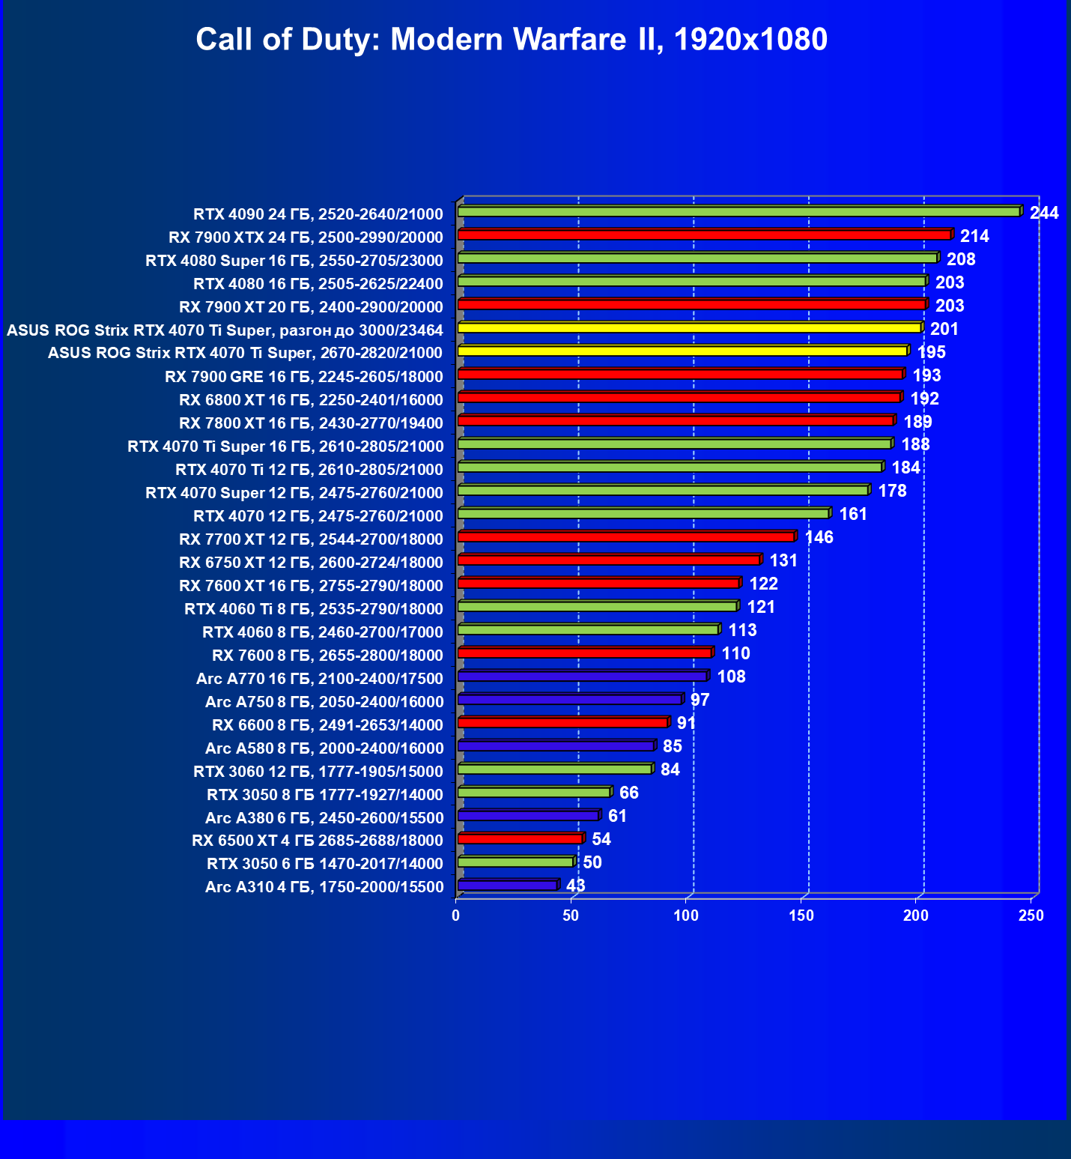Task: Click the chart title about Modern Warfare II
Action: click(512, 39)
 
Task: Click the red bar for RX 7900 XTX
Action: click(704, 235)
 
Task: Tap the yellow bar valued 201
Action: click(689, 328)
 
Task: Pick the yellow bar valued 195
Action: click(682, 351)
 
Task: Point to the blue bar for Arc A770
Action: click(582, 677)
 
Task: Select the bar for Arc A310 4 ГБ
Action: click(507, 886)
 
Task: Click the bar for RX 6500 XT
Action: click(520, 839)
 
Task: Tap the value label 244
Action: click(1044, 213)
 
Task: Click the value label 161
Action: click(853, 514)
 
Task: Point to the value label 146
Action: click(819, 537)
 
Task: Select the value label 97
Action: click(700, 700)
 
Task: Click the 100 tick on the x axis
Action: click(686, 915)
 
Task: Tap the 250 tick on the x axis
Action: click(1031, 915)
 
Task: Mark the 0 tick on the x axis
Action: click(456, 915)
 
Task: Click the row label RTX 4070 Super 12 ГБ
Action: click(294, 493)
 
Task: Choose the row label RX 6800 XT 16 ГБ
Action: click(312, 400)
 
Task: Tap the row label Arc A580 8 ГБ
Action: click(324, 748)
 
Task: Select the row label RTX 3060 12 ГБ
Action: click(318, 772)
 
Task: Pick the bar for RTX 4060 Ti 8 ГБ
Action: click(597, 607)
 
